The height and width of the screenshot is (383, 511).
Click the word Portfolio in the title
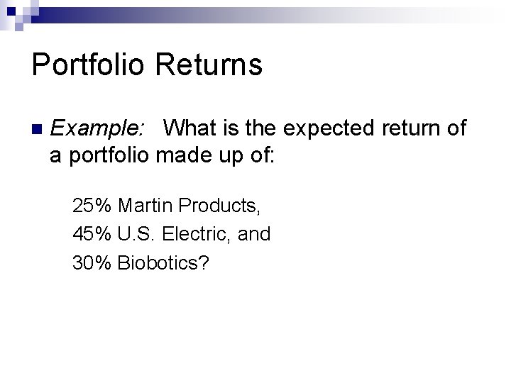[88, 65]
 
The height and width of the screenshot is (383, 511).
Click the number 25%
[92, 206]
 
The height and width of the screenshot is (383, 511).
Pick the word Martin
[145, 206]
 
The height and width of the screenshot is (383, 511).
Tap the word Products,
[220, 206]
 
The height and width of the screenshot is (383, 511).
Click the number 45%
[92, 234]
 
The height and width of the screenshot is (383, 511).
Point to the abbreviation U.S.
[138, 234]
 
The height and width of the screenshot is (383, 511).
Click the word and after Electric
[254, 234]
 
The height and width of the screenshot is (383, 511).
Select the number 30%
[92, 262]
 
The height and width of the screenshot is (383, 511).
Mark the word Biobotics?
[163, 262]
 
